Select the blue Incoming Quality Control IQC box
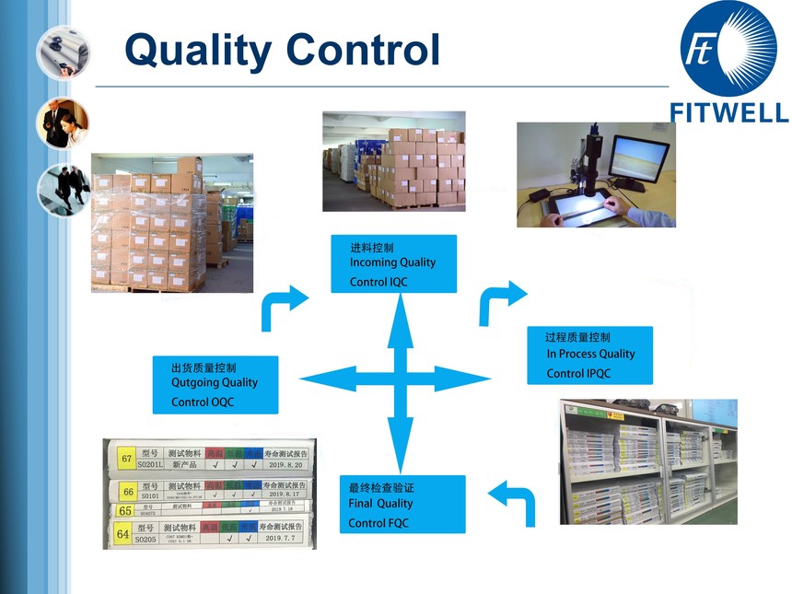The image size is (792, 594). tap(393, 263)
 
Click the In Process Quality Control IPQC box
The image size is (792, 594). tap(589, 355)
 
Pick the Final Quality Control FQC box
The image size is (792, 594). tap(402, 504)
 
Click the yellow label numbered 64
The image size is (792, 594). tap(121, 533)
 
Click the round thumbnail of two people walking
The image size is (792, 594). tap(64, 189)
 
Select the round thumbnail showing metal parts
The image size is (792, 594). tap(63, 53)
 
